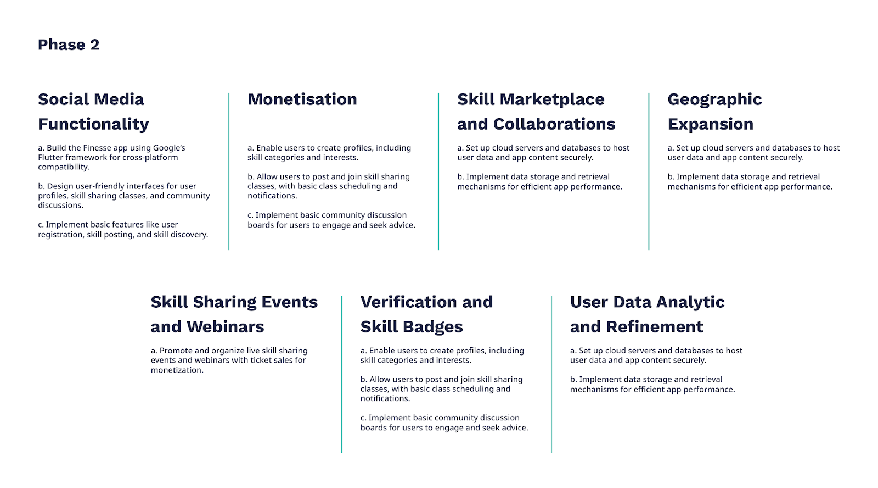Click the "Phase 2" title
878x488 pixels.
[x=69, y=45]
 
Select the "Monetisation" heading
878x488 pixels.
[x=302, y=99]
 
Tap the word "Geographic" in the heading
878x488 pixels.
[x=714, y=99]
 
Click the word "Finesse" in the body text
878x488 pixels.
[x=98, y=148]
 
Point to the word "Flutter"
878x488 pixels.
[x=50, y=157]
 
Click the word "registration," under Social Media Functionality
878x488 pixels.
[x=61, y=235]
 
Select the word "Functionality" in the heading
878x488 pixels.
[x=93, y=124]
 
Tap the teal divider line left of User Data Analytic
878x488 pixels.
[x=551, y=374]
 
